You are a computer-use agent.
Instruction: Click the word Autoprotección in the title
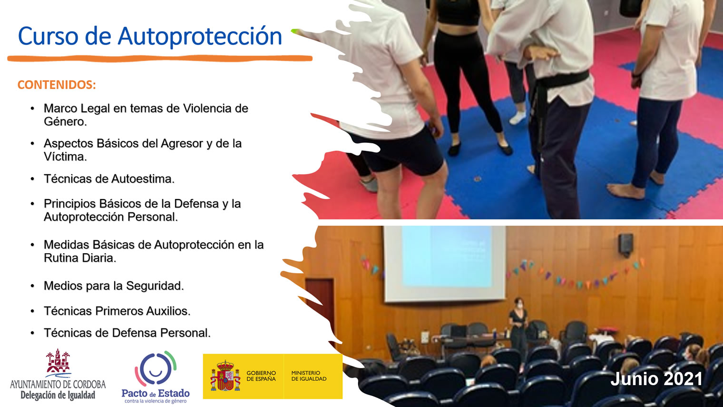[x=200, y=36]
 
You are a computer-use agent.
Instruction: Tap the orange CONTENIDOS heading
[x=57, y=85]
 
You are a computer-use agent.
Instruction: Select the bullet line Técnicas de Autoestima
[x=109, y=179]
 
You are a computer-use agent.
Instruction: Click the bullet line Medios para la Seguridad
[x=114, y=286]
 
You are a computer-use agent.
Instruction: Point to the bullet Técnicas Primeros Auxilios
[x=117, y=311]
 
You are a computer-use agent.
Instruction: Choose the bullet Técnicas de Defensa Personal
[x=127, y=333]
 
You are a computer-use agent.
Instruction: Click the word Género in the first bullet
[x=66, y=122]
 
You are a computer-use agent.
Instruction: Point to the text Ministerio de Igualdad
[x=309, y=376]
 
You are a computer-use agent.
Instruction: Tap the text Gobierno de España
[x=261, y=376]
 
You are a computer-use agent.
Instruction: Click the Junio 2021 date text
[x=656, y=379]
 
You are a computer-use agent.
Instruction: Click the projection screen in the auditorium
[x=444, y=264]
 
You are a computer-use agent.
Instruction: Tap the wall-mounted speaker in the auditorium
[x=626, y=245]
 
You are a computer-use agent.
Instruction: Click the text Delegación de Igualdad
[x=58, y=395]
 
